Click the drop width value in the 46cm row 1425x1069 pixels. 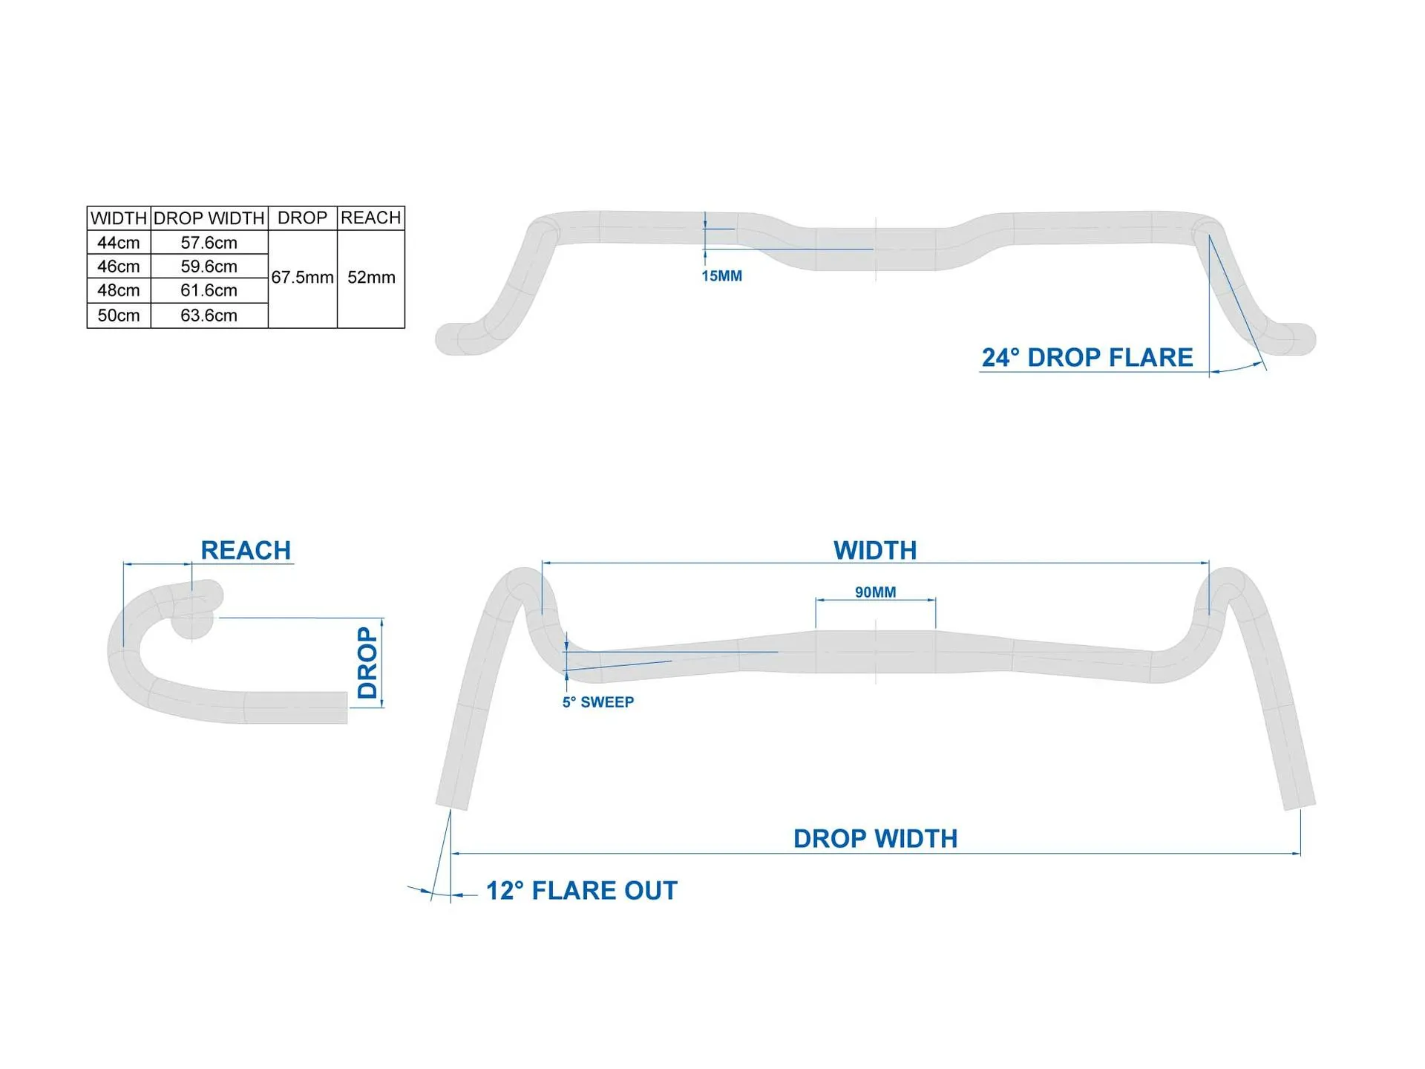tap(209, 267)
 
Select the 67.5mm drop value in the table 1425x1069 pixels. tap(302, 278)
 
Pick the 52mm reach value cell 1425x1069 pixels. tap(371, 278)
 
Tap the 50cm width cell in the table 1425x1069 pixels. tap(119, 316)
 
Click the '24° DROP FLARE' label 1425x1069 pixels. tap(1087, 358)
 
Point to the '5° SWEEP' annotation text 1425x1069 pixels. tap(598, 702)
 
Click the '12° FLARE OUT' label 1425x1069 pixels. tap(582, 891)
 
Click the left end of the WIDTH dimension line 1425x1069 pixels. tap(543, 563)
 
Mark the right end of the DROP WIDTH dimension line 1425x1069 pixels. tap(1300, 854)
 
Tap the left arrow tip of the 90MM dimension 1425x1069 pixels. tap(816, 600)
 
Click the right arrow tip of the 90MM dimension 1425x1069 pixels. tap(935, 600)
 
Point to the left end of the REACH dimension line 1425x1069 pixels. tap(124, 564)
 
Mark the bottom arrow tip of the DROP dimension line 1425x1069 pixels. tap(381, 707)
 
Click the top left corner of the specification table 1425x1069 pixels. tap(88, 206)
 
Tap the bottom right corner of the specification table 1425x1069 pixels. tap(404, 327)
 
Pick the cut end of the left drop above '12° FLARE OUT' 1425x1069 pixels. tap(452, 805)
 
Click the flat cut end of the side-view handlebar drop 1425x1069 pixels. tap(346, 707)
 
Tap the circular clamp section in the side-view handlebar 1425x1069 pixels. tap(192, 618)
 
